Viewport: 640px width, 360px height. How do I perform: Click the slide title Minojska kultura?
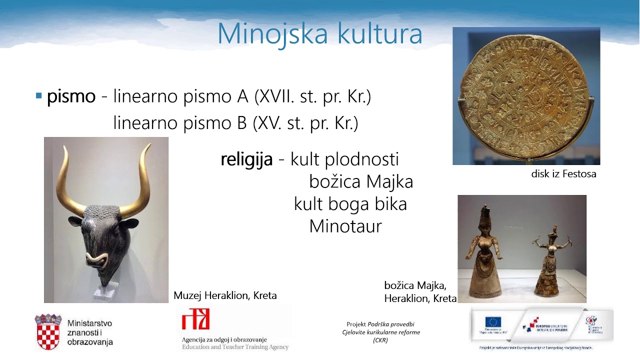(319, 33)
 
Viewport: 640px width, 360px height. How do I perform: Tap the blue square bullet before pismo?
(38, 95)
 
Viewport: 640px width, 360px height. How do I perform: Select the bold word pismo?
(71, 96)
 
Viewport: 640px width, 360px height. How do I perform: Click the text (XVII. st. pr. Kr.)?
(312, 96)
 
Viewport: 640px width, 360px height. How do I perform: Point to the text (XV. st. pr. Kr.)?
(305, 122)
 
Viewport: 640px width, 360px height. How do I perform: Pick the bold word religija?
(246, 159)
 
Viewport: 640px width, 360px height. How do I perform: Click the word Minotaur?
(345, 226)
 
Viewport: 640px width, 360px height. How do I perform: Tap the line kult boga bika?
(350, 204)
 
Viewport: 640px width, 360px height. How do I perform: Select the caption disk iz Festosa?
(563, 174)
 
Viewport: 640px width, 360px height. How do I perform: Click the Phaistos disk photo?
(526, 96)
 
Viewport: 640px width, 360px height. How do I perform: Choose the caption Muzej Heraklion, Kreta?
(225, 295)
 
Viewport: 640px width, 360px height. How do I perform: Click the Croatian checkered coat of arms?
(48, 331)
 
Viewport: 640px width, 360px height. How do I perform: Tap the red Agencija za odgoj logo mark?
(195, 319)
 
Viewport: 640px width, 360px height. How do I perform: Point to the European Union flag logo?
(492, 323)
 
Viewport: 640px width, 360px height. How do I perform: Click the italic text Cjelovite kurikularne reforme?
(381, 332)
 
